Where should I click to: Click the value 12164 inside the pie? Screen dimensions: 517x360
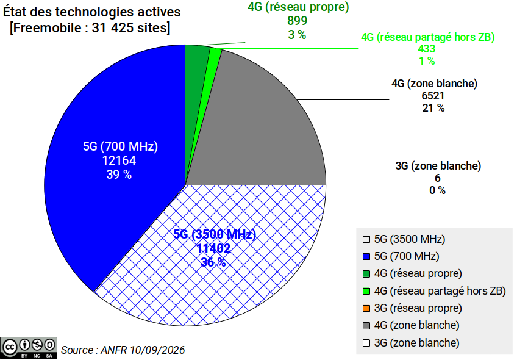[x=119, y=160]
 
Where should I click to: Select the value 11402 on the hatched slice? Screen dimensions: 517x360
[x=213, y=248]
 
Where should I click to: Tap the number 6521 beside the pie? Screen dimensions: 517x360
[x=433, y=96]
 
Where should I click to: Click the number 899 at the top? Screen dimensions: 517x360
[x=297, y=21]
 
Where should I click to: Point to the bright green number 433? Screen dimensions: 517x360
[x=427, y=49]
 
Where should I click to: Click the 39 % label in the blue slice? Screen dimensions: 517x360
[x=119, y=175]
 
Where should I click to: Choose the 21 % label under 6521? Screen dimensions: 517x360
[x=433, y=108]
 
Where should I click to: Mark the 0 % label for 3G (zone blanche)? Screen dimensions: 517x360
[x=437, y=190]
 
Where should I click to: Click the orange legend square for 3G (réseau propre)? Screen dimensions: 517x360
[x=366, y=309]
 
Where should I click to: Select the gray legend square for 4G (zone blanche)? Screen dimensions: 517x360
[x=366, y=326]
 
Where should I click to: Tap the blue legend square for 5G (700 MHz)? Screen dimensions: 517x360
[x=366, y=256]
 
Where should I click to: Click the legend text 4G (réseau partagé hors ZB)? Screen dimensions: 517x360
[x=440, y=291]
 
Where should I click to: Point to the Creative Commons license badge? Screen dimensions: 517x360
[x=29, y=348]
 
